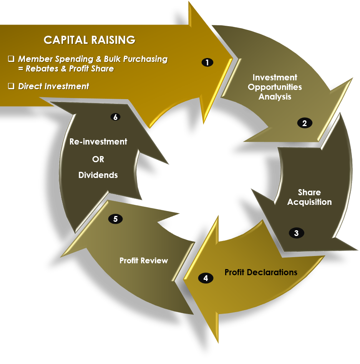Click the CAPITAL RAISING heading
[x=90, y=40]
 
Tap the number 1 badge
[x=207, y=62]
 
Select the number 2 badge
[x=305, y=123]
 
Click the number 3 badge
[x=296, y=233]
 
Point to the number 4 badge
[x=206, y=278]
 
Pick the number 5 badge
[x=115, y=219]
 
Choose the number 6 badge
[x=115, y=117]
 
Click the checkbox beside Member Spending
[x=11, y=59]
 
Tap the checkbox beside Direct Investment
[x=11, y=86]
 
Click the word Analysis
[x=275, y=97]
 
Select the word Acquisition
[x=309, y=202]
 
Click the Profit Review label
[x=144, y=261]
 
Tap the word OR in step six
[x=98, y=159]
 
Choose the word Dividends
[x=98, y=175]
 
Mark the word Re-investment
[x=98, y=141]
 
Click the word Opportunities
[x=275, y=87]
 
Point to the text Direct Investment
[x=53, y=86]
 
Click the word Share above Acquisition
[x=309, y=192]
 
